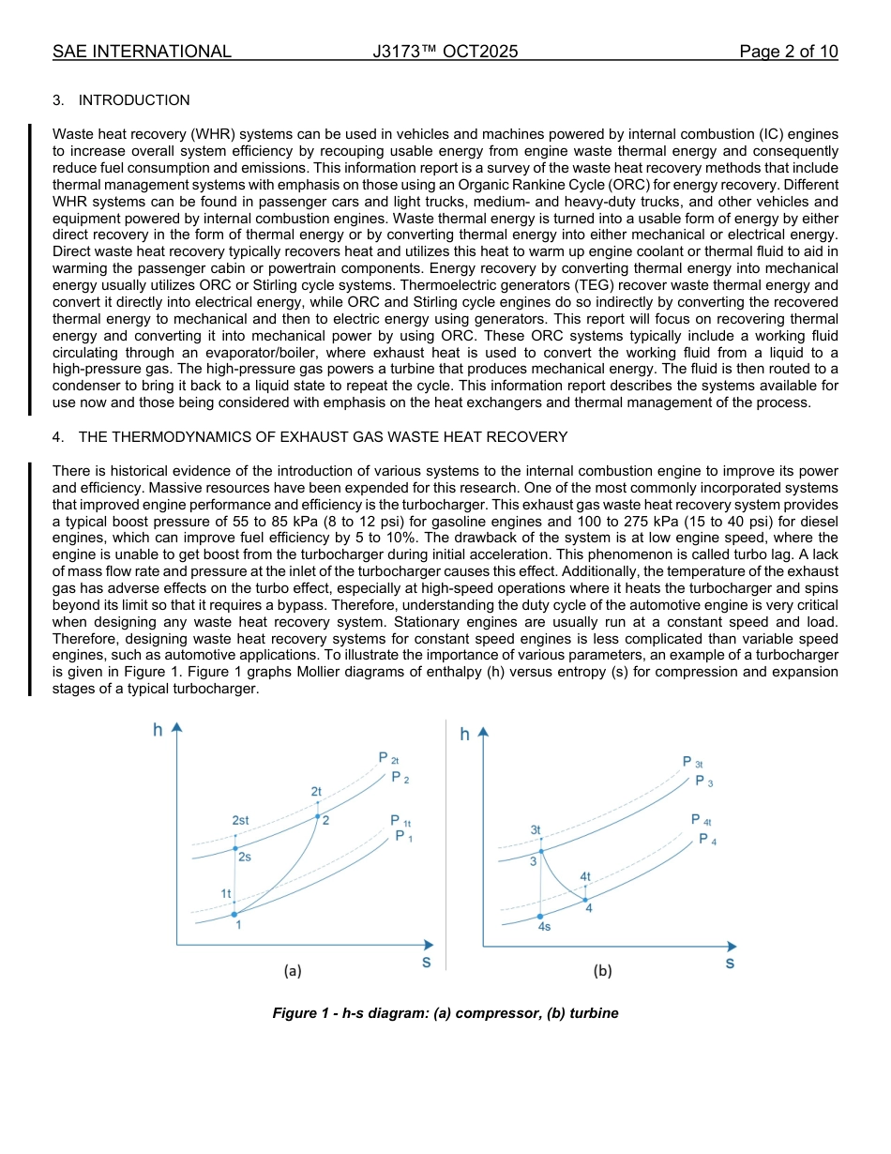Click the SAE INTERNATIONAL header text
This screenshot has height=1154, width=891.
[x=142, y=52]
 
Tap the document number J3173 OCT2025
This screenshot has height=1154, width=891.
[x=445, y=52]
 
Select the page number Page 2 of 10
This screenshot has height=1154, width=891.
[x=788, y=52]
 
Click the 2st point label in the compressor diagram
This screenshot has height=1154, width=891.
[x=240, y=820]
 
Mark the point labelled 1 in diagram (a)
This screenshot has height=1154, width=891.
[x=238, y=924]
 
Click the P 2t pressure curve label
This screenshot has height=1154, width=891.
[x=388, y=758]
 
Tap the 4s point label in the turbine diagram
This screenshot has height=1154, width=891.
[x=544, y=926]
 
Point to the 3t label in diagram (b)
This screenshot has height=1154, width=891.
[x=536, y=830]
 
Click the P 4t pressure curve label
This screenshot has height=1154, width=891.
[x=701, y=819]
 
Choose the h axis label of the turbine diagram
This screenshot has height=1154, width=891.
[x=464, y=735]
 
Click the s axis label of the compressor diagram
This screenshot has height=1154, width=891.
[x=426, y=963]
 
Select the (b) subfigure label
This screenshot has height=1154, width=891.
[x=602, y=971]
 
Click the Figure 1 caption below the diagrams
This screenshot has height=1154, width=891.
[x=445, y=1013]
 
